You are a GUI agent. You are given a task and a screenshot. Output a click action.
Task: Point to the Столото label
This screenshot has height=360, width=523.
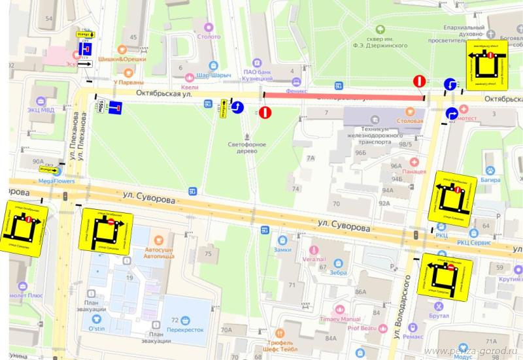[209, 38]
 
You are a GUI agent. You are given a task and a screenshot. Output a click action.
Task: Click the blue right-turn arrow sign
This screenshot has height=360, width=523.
[451, 114]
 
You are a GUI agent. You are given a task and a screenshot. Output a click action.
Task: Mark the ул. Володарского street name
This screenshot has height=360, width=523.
[406, 307]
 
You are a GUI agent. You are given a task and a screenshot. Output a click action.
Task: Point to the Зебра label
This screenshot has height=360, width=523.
[338, 272]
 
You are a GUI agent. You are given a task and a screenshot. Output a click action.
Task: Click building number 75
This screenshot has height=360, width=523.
[209, 254]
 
